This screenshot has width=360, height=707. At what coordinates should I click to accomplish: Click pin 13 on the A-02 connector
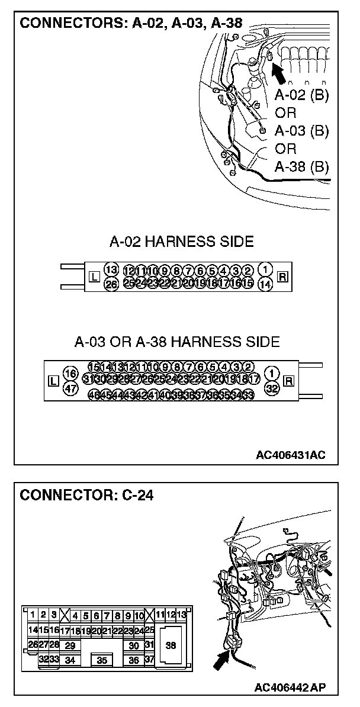pyautogui.click(x=111, y=269)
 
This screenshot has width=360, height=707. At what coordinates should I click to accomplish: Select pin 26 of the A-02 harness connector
pyautogui.click(x=111, y=284)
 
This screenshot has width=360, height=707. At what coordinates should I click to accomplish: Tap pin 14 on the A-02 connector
pyautogui.click(x=266, y=284)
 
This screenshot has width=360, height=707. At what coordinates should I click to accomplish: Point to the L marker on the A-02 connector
pyautogui.click(x=93, y=277)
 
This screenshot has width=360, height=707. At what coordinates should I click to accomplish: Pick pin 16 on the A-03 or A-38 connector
pyautogui.click(x=70, y=374)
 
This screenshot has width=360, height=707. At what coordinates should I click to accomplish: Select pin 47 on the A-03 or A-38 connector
pyautogui.click(x=70, y=388)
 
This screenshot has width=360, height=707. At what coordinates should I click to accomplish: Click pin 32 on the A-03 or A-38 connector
pyautogui.click(x=272, y=388)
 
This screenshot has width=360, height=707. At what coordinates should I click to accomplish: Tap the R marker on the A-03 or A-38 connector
pyautogui.click(x=289, y=380)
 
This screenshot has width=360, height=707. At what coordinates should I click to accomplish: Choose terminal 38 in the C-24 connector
pyautogui.click(x=171, y=646)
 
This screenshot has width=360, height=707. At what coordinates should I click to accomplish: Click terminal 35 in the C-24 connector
pyautogui.click(x=102, y=660)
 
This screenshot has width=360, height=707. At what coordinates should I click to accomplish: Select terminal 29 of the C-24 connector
pyautogui.click(x=70, y=645)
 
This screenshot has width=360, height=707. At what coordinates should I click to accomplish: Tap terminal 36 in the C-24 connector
pyautogui.click(x=134, y=660)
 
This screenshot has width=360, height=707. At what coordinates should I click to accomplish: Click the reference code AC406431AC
pyautogui.click(x=290, y=455)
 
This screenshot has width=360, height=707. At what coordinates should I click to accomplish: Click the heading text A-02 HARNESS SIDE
pyautogui.click(x=182, y=242)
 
